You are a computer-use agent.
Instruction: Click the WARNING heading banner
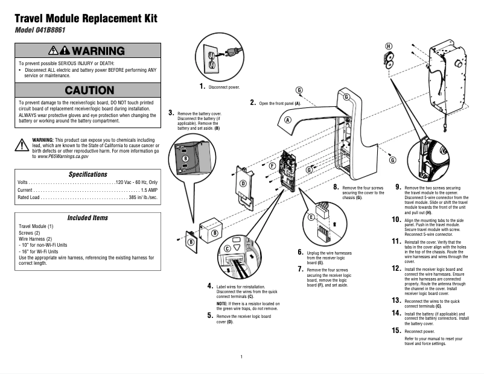pyautogui.click(x=89, y=51)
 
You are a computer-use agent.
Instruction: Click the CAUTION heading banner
pyautogui.click(x=89, y=90)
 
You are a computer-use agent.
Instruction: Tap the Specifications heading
pyautogui.click(x=88, y=174)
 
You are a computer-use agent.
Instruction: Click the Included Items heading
pyautogui.click(x=88, y=217)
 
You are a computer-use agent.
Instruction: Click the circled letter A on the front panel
pyautogui.click(x=288, y=120)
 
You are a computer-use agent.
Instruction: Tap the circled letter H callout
pyautogui.click(x=389, y=46)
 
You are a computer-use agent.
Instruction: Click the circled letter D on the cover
pyautogui.click(x=243, y=183)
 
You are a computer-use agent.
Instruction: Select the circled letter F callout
pyautogui.click(x=272, y=165)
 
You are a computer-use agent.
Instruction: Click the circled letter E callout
pyautogui.click(x=311, y=217)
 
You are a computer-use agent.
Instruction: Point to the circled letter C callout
pyautogui.click(x=228, y=248)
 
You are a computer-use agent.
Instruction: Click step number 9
pyautogui.click(x=398, y=187)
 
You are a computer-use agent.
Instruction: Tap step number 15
pyautogui.click(x=396, y=330)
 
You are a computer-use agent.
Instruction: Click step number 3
pyautogui.click(x=172, y=112)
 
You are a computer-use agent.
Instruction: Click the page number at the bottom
pyautogui.click(x=241, y=357)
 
